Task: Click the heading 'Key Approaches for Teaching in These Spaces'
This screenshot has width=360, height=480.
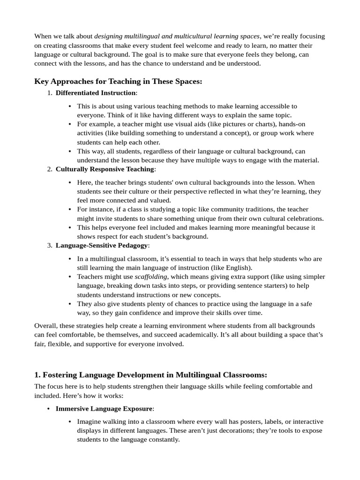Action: pos(118,82)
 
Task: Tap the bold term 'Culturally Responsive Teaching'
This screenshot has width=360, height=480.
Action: pos(105,169)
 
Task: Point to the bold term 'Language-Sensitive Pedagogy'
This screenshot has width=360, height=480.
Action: pos(102,245)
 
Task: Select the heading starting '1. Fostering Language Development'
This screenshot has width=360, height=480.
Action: pos(150,375)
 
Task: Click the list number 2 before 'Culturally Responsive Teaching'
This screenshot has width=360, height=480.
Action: pos(49,169)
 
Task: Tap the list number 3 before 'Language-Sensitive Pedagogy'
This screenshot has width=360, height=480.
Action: pos(49,245)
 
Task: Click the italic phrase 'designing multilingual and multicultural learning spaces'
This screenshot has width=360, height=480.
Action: pos(177,36)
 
